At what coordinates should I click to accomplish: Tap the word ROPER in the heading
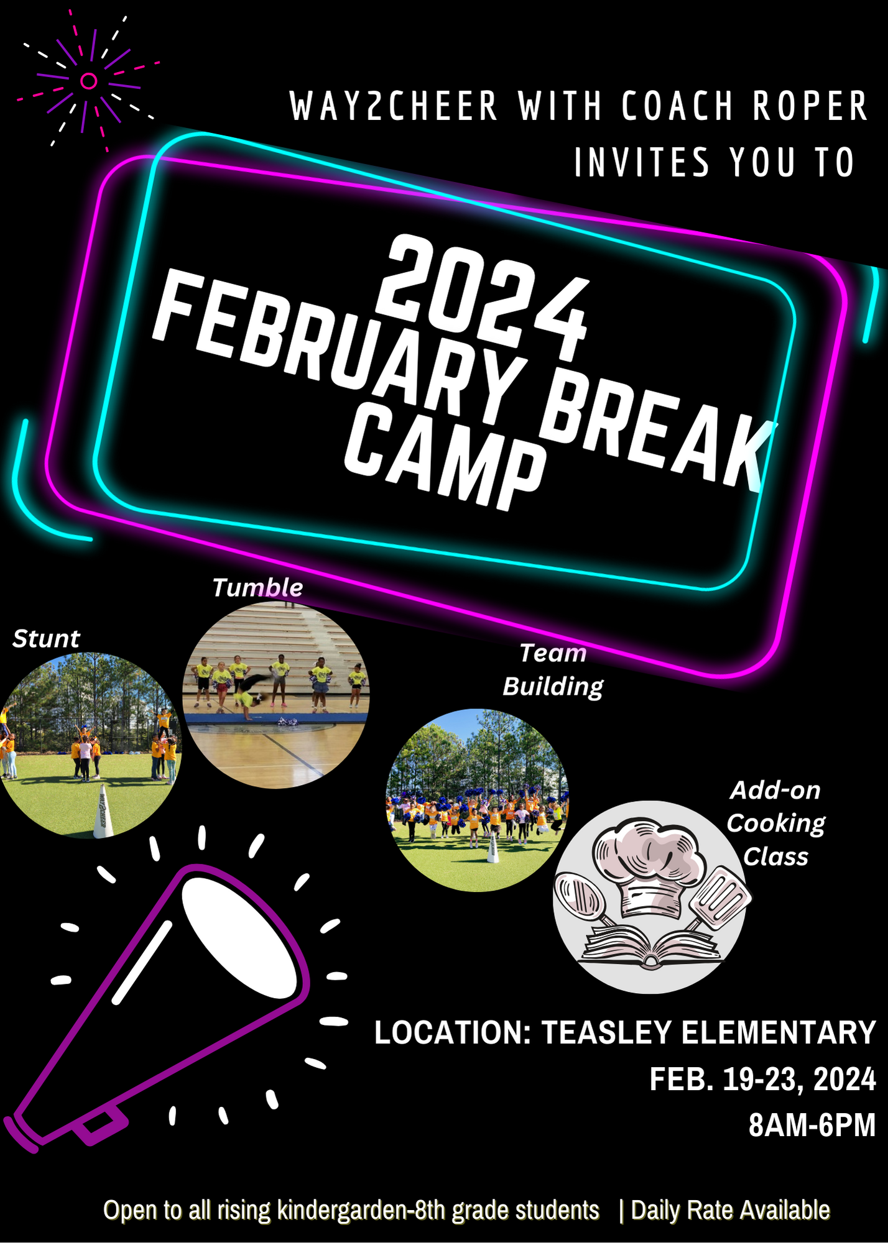[810, 106]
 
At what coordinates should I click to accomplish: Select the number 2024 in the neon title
[482, 297]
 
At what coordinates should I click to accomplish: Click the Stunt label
[46, 639]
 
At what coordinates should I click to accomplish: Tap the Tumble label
[257, 587]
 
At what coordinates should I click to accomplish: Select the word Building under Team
[553, 687]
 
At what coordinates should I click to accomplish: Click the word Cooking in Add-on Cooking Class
[775, 823]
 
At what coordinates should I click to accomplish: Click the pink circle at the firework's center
[89, 81]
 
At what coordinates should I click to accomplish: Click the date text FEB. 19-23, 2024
[762, 1080]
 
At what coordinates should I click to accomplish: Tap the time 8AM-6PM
[812, 1126]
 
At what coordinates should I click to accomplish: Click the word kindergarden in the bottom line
[338, 1210]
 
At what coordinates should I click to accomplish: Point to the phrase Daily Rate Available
[730, 1210]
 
